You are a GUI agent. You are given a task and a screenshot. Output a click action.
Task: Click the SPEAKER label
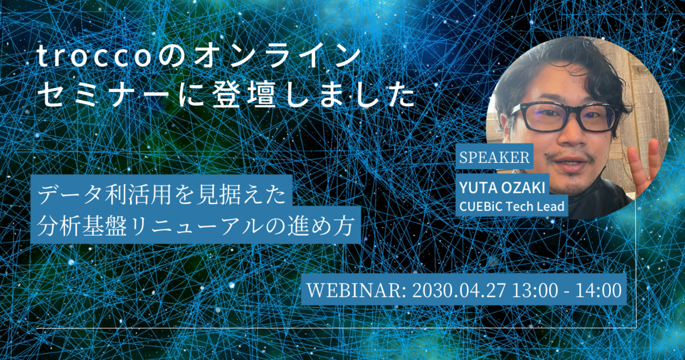[494, 157]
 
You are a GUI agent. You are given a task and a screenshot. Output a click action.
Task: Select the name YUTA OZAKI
[502, 188]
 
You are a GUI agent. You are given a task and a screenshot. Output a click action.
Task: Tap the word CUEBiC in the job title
[481, 207]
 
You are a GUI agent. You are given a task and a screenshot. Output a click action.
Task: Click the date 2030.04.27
[459, 290]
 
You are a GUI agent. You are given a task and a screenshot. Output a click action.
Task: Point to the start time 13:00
[535, 290]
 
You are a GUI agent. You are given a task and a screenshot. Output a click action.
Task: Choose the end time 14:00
[599, 290]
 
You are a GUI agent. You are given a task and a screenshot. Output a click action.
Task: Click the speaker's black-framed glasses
[564, 117]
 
